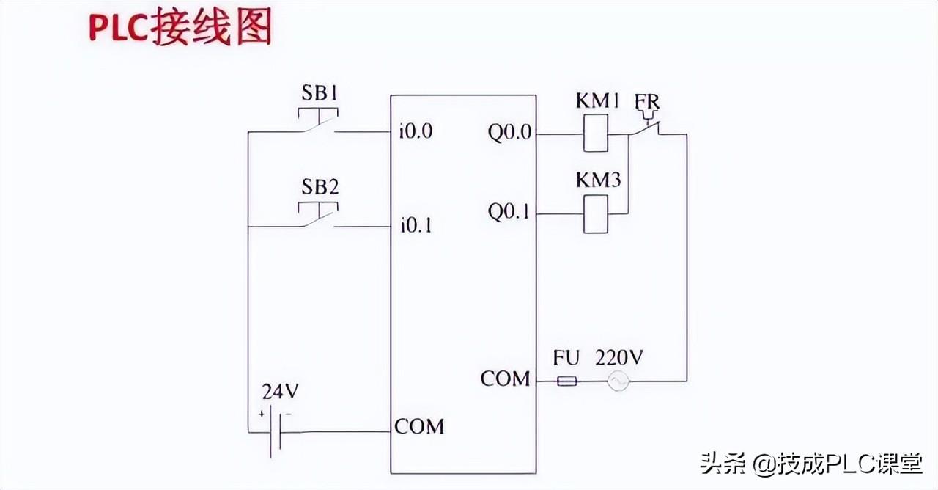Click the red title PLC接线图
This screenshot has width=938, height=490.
(x=180, y=28)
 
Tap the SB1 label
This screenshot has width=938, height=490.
(x=320, y=93)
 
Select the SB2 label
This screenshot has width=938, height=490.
(x=320, y=187)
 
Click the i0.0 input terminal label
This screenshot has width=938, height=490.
(x=416, y=131)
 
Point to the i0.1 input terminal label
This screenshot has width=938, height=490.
(x=416, y=225)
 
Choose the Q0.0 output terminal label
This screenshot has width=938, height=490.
(x=509, y=133)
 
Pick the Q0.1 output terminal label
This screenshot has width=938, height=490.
(x=509, y=212)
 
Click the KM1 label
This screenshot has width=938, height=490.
(x=597, y=101)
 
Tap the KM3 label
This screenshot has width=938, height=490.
(x=599, y=180)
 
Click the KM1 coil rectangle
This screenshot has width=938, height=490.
(x=596, y=134)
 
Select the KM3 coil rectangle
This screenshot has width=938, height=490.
(x=596, y=213)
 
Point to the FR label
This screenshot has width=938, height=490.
(x=647, y=102)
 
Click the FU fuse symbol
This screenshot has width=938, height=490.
(x=567, y=381)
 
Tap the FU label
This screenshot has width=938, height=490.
(x=566, y=358)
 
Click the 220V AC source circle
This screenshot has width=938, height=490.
(x=618, y=381)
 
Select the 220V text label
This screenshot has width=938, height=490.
(x=619, y=358)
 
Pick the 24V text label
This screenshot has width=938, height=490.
(x=281, y=392)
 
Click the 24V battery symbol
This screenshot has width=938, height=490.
(x=275, y=431)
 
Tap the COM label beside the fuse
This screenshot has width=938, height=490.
(x=505, y=379)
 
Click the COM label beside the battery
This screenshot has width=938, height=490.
(x=419, y=427)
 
